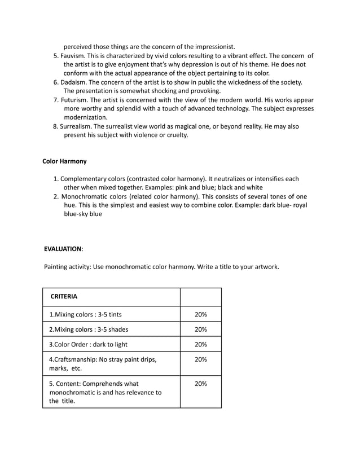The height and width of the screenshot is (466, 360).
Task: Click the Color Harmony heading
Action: (x=64, y=161)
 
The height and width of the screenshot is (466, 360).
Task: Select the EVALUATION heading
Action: (x=63, y=249)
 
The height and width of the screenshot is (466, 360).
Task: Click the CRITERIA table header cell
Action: (x=64, y=296)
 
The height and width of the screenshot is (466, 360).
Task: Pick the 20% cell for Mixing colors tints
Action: (x=200, y=314)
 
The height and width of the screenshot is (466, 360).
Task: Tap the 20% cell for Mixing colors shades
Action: (x=200, y=329)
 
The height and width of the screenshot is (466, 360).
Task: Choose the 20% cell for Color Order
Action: (x=200, y=344)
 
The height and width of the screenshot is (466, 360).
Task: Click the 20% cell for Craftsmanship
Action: (x=200, y=359)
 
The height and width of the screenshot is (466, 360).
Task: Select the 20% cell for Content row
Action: (x=200, y=384)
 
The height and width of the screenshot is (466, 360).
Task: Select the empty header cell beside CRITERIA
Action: (x=200, y=297)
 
